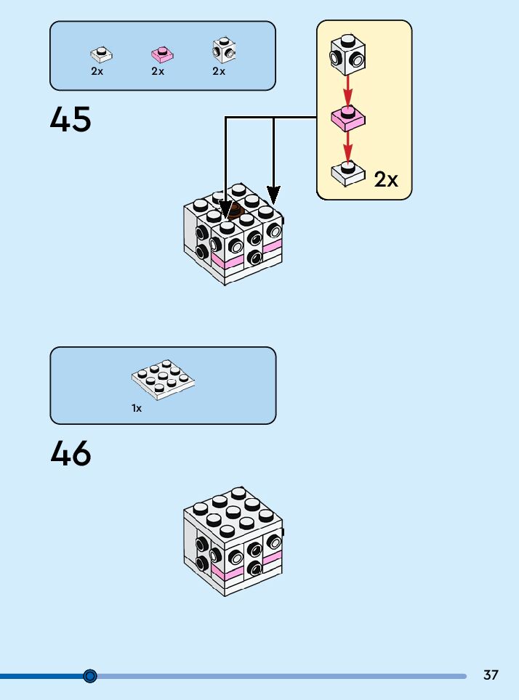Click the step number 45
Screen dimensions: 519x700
click(x=71, y=119)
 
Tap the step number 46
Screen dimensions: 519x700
click(x=71, y=454)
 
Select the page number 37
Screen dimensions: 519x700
click(x=491, y=675)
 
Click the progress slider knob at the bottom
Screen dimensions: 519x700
click(x=90, y=676)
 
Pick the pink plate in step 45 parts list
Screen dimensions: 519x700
click(x=160, y=54)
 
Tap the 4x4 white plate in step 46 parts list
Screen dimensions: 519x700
click(x=164, y=378)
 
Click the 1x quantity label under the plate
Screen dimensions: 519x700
click(x=137, y=409)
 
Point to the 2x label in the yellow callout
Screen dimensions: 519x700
click(x=386, y=179)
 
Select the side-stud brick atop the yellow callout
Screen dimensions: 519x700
click(x=348, y=54)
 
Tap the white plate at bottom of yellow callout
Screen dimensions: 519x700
click(x=347, y=172)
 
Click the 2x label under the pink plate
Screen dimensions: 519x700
click(x=158, y=72)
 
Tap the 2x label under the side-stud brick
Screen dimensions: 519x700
click(x=219, y=72)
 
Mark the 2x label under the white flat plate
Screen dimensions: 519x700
click(x=97, y=72)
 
